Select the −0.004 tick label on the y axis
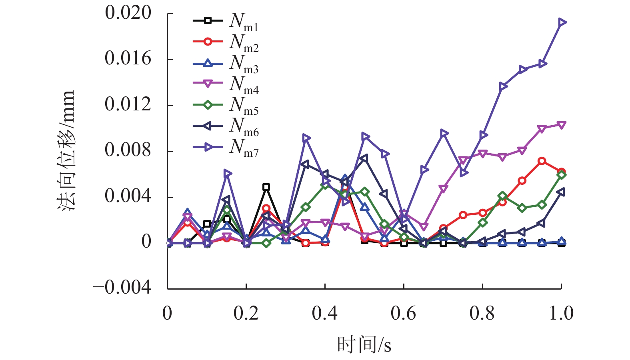click(x=122, y=288)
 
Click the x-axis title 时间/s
click(x=364, y=344)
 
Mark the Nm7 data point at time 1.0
click(x=562, y=22)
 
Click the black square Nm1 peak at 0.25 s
click(x=266, y=187)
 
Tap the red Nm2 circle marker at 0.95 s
click(x=542, y=161)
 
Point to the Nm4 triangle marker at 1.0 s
click(x=562, y=125)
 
